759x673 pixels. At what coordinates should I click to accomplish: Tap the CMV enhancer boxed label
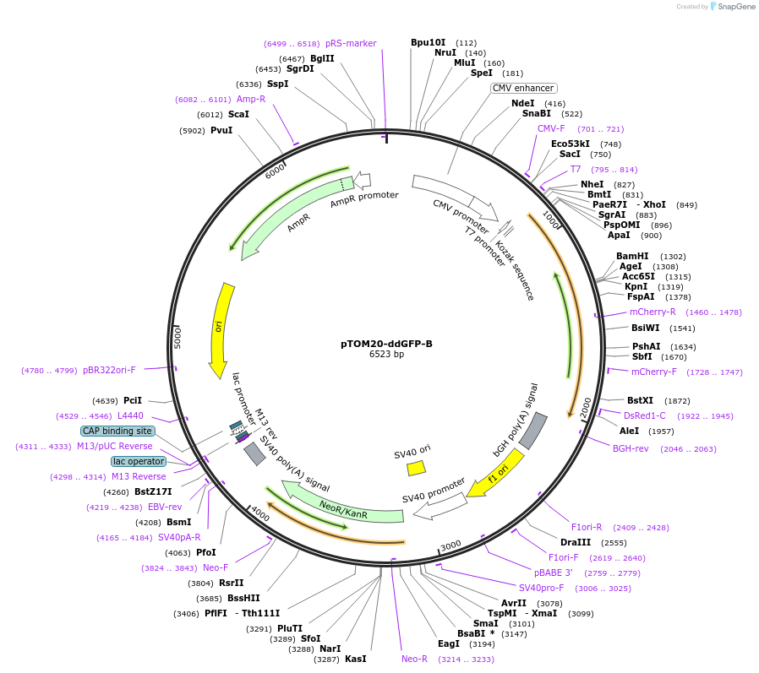[x=523, y=88]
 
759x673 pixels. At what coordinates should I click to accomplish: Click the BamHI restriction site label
[x=632, y=256]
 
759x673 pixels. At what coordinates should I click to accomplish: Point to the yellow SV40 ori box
[x=416, y=467]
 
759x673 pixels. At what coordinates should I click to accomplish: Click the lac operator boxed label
[x=139, y=461]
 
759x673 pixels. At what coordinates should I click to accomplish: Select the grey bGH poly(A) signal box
[x=532, y=431]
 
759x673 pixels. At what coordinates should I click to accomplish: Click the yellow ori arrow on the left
[x=221, y=329]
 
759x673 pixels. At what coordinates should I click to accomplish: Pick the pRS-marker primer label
[x=351, y=43]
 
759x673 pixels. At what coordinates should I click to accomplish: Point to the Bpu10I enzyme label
[x=428, y=42]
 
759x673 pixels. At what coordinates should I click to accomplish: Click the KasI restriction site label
[x=356, y=659]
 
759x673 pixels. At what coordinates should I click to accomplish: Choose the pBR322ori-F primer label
[x=109, y=370]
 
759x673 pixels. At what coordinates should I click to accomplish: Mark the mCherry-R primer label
[x=653, y=312]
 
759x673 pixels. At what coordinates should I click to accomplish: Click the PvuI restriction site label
[x=221, y=130]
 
